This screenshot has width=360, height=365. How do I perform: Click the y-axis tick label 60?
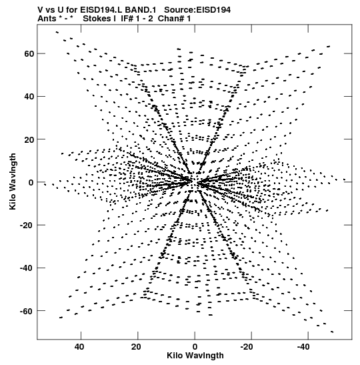(29, 54)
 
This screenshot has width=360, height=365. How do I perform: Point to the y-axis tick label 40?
(29, 96)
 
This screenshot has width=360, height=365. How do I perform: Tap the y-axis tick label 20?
(29, 139)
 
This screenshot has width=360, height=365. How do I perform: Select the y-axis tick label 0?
(31, 182)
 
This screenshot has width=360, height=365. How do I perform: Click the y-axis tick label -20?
(27, 226)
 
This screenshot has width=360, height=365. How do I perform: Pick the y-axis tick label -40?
(27, 268)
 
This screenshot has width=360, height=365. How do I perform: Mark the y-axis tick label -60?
(27, 311)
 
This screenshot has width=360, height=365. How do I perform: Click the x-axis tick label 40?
(79, 347)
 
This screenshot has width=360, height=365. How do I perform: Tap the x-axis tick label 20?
(136, 347)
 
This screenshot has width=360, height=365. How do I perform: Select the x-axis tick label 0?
(195, 347)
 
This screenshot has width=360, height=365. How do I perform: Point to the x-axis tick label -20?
(247, 347)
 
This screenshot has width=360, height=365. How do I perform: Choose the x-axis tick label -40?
(303, 347)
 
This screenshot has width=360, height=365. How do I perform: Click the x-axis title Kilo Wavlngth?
(195, 356)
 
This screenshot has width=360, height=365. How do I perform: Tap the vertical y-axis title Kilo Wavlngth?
(13, 181)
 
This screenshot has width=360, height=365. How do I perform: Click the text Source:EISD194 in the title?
(197, 10)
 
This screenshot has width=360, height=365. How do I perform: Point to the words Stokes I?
(99, 19)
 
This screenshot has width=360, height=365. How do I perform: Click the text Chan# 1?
(175, 19)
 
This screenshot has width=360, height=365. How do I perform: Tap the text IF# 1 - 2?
(137, 19)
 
